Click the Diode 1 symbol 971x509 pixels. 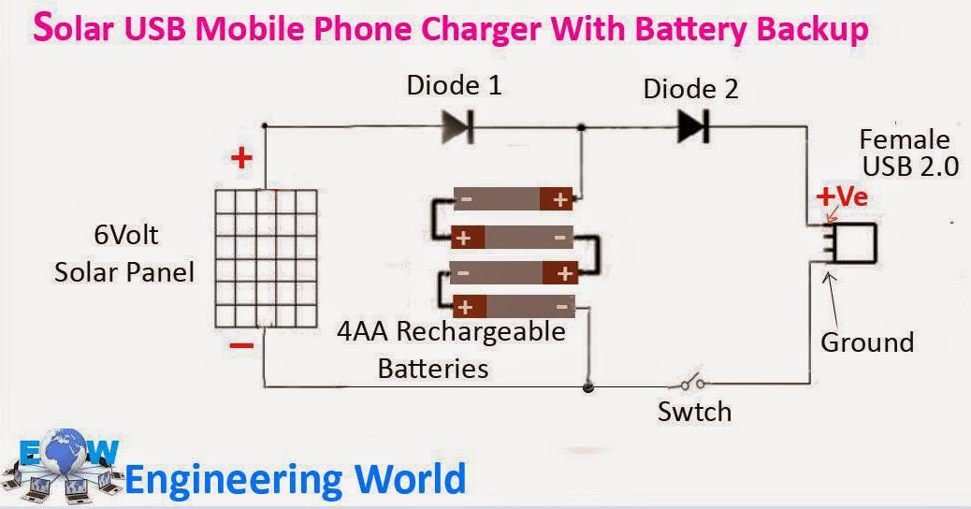pyautogui.click(x=457, y=127)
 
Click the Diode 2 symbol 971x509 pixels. pyautogui.click(x=693, y=127)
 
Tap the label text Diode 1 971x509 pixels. pyautogui.click(x=454, y=85)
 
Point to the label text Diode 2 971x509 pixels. pyautogui.click(x=690, y=89)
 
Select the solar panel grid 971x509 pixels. pyautogui.click(x=267, y=258)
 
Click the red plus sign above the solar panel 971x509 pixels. pyautogui.click(x=241, y=158)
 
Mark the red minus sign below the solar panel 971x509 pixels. pyautogui.click(x=241, y=345)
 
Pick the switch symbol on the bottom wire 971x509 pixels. pyautogui.click(x=689, y=382)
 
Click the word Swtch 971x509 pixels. pyautogui.click(x=694, y=412)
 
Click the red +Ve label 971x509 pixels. pyautogui.click(x=842, y=196)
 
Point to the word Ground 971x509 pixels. pyautogui.click(x=867, y=342)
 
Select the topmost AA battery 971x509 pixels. pyautogui.click(x=513, y=199)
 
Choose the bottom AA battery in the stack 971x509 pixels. pyautogui.click(x=513, y=307)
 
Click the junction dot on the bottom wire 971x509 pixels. pyautogui.click(x=587, y=387)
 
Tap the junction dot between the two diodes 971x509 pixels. pyautogui.click(x=581, y=127)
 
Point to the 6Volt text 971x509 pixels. pyautogui.click(x=126, y=235)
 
